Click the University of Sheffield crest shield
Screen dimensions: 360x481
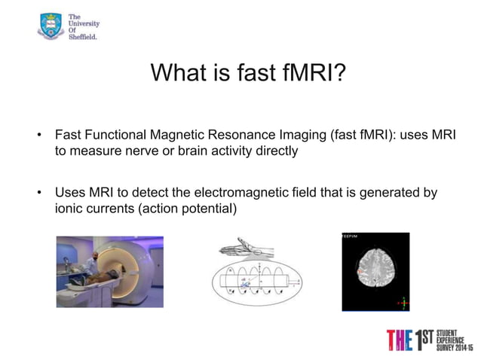tap(51, 25)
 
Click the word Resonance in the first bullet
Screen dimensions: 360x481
tap(245, 136)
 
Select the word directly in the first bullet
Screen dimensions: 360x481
tap(275, 151)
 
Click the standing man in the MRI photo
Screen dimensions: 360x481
tap(91, 261)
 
